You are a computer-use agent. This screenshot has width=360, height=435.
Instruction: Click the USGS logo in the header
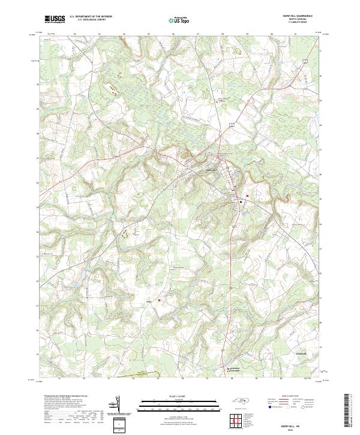pyautogui.click(x=55, y=19)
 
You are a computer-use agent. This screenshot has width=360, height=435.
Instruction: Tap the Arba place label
pyautogui.click(x=149, y=301)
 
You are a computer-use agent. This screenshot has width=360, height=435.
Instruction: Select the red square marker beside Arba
pyautogui.click(x=160, y=301)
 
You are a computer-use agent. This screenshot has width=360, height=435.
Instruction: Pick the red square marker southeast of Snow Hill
pyautogui.click(x=247, y=195)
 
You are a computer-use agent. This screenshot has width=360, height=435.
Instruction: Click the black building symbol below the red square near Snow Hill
pyautogui.click(x=241, y=202)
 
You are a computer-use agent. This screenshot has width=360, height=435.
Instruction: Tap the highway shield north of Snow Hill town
pyautogui.click(x=230, y=124)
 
